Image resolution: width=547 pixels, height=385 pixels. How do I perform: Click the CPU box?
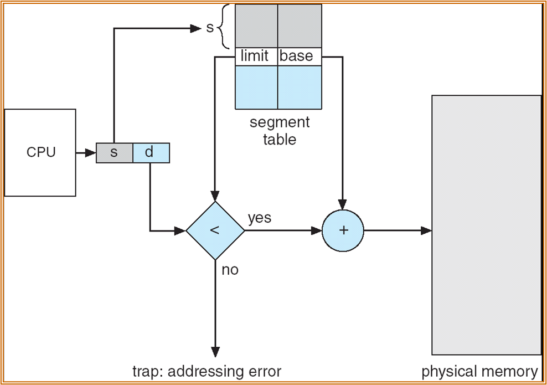tap(40, 152)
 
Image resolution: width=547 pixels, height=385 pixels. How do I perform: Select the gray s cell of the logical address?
tap(114, 153)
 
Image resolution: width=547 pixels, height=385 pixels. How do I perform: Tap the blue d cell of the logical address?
tap(151, 153)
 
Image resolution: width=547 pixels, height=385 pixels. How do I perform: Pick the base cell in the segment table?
tap(299, 57)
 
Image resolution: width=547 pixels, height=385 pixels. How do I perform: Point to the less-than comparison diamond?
tap(215, 230)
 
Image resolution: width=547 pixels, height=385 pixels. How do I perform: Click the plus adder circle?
tap(343, 230)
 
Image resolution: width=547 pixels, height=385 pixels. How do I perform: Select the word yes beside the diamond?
tap(260, 218)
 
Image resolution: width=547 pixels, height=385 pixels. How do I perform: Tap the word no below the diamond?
tap(230, 271)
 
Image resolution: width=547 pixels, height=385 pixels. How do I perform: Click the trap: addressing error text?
tap(207, 371)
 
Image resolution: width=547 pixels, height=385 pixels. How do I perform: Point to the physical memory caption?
tap(479, 371)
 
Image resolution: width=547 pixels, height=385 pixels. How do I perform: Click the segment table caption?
tap(280, 131)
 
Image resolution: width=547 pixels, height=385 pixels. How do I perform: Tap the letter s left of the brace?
tap(209, 28)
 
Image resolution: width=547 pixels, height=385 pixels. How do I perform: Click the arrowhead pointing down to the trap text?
tap(215, 352)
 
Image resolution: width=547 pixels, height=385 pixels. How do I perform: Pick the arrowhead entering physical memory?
tap(426, 230)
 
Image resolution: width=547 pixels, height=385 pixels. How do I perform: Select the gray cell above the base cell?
tap(300, 26)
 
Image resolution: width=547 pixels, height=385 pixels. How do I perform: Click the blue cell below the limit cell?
tap(256, 87)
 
